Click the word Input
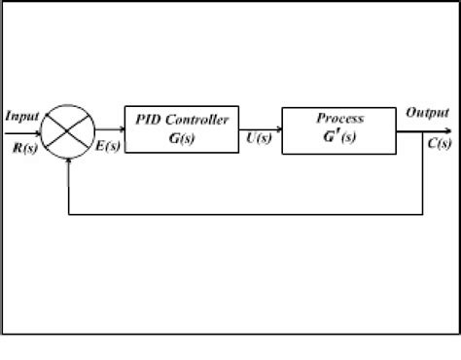[21, 116]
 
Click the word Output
[427, 113]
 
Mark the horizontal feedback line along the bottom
[243, 212]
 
